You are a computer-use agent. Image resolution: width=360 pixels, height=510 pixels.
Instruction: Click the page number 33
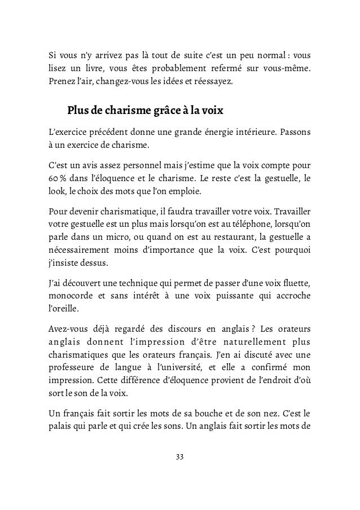coord(180,456)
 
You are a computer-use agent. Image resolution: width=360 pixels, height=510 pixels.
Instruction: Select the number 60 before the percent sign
coord(52,179)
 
